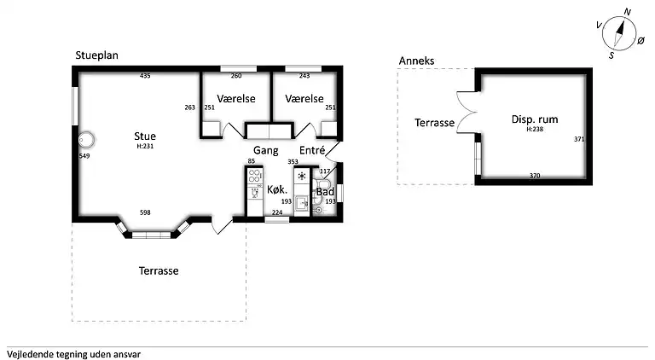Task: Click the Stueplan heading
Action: tap(96, 55)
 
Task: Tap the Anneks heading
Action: tap(416, 61)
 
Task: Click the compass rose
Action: tap(620, 33)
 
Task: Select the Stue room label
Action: tap(145, 136)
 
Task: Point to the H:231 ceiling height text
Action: tap(145, 146)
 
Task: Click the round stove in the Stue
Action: tap(86, 140)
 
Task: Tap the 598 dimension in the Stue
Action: tap(145, 212)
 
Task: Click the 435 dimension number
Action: tap(145, 76)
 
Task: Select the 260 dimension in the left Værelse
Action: tap(236, 76)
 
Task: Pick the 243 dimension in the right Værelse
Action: tap(304, 76)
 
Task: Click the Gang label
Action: tap(266, 150)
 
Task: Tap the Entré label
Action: tap(312, 150)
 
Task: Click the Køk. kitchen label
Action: tap(277, 189)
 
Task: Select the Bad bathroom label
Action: tap(325, 192)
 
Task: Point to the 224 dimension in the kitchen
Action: tap(277, 212)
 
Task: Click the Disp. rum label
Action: tap(535, 119)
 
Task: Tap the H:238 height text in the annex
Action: tap(535, 129)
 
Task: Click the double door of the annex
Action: tap(467, 113)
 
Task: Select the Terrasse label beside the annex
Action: tap(434, 123)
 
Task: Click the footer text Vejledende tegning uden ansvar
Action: tap(73, 355)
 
